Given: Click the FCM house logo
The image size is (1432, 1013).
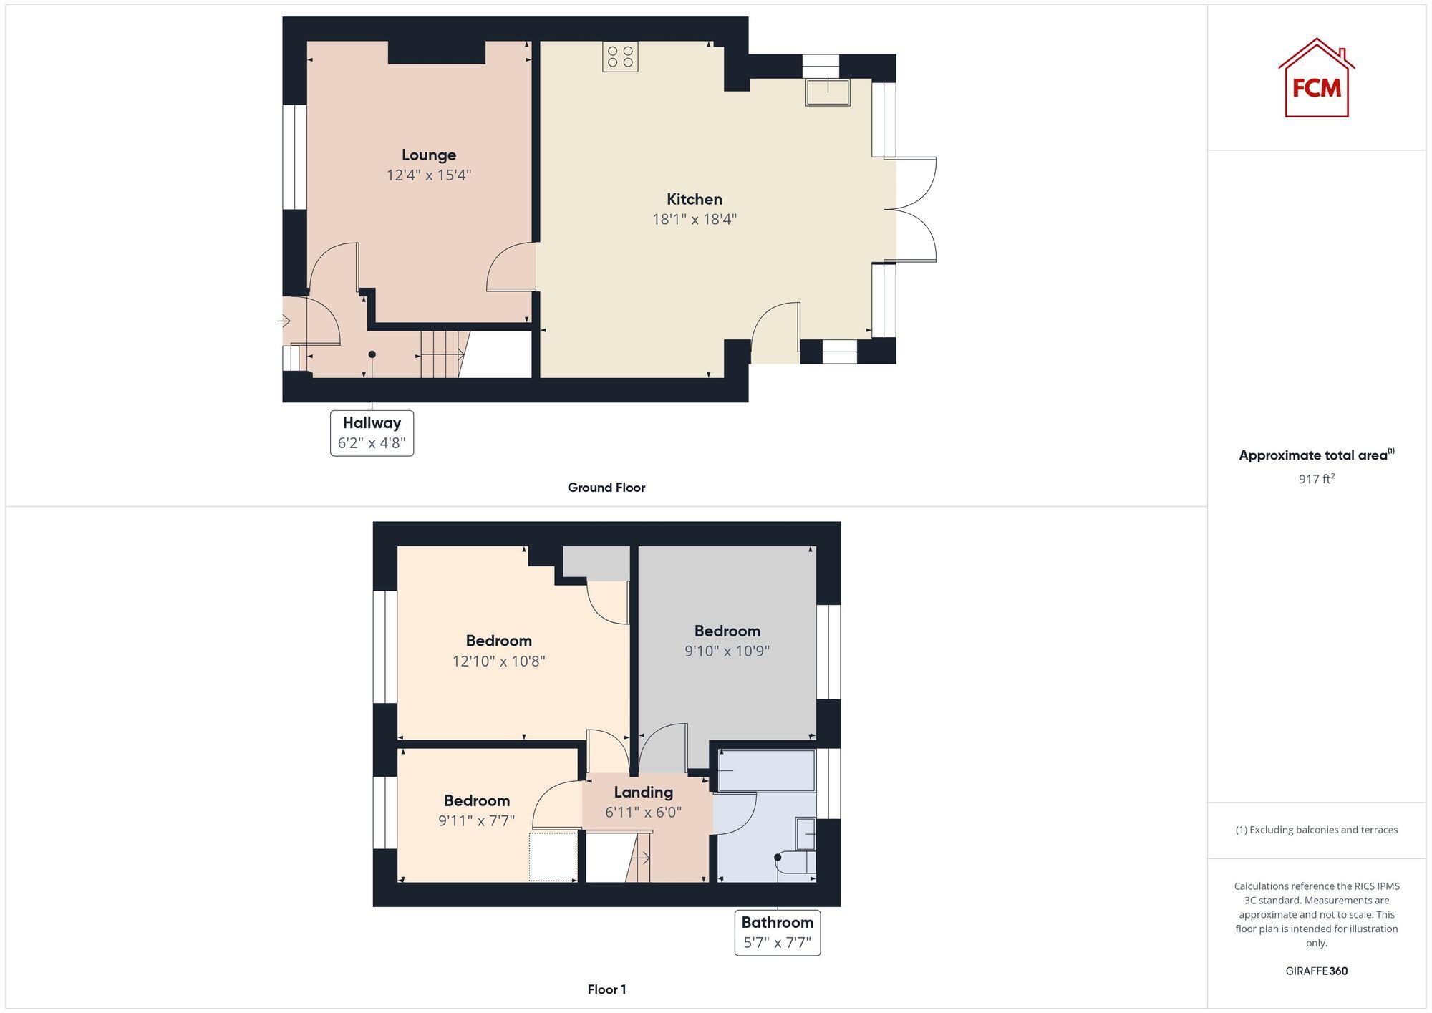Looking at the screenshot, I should point(1316,79).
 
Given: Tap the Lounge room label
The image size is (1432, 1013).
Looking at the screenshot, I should point(428,155).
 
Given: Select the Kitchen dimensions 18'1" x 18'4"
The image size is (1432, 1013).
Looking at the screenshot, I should point(694,219).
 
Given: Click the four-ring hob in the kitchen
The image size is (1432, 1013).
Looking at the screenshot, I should point(620,57).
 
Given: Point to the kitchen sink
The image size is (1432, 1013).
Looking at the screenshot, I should point(828,92).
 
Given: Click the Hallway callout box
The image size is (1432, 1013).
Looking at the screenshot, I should point(372,432).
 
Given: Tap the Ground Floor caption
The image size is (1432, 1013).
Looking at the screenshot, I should point(606,488).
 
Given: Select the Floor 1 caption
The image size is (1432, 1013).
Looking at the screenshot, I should point(606,989).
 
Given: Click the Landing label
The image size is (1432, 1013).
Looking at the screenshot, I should point(643,792).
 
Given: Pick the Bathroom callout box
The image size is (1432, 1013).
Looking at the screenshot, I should point(777,932).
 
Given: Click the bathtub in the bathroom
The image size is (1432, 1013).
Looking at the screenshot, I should point(767,770).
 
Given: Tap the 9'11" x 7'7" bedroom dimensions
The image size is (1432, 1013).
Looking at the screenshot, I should point(476,820).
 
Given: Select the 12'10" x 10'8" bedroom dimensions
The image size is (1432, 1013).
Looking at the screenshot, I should point(498,661).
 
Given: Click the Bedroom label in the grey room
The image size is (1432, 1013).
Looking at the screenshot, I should point(727,631).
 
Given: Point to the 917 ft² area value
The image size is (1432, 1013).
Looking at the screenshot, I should point(1316,479).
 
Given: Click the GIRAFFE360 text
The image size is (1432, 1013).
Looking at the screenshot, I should point(1316,971).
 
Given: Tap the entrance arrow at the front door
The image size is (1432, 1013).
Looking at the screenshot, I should point(284,321).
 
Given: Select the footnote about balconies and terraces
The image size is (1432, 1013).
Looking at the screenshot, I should point(1316,830).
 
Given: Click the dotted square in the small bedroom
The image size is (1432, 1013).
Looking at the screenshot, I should point(553,856).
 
